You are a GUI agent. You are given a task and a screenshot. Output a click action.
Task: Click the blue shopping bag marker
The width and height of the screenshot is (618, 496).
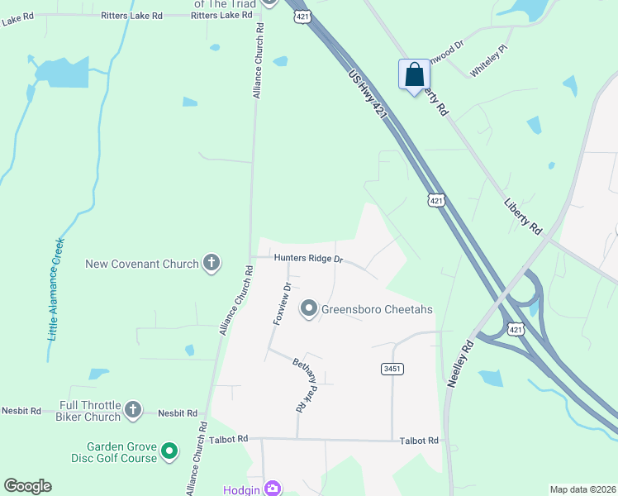tap(413, 75)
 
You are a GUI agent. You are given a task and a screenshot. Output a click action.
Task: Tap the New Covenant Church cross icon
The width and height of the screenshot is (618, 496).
tap(211, 264)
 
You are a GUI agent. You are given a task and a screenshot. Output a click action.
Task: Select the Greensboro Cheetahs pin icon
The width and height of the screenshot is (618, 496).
tap(309, 310)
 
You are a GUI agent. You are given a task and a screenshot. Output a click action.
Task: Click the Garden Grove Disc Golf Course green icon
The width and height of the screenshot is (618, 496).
tap(169, 451)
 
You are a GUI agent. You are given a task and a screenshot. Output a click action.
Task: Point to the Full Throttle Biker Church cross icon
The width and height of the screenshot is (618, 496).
tap(132, 411)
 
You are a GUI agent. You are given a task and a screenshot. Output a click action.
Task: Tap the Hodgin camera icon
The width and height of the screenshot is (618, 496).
tap(273, 489)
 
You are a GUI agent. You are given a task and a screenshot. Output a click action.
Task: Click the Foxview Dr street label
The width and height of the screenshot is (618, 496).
tap(283, 304)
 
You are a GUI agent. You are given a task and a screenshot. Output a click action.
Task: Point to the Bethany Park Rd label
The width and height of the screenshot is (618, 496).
tap(307, 385)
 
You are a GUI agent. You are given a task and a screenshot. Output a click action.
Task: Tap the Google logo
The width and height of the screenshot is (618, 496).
tap(28, 486)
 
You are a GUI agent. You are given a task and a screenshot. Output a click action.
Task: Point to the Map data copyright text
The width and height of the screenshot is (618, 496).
tap(582, 489)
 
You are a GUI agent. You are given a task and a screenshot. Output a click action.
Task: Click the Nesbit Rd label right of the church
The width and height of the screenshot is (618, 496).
tap(178, 413)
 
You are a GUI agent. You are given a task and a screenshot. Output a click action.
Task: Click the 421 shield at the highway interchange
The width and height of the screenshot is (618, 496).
tap(516, 330)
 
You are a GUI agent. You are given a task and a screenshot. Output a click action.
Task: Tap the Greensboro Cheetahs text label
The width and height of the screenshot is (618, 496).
tap(377, 310)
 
